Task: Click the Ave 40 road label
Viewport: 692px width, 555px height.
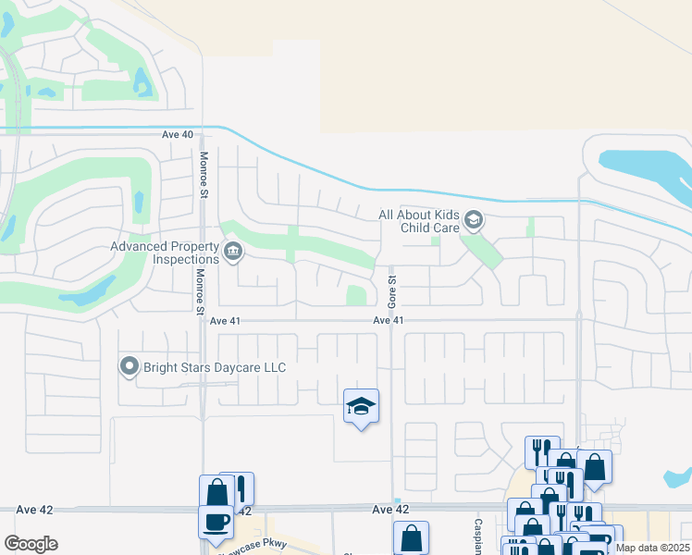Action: tap(178, 134)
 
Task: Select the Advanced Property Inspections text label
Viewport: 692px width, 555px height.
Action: tap(165, 253)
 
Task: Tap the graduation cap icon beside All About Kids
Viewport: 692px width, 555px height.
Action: tap(474, 220)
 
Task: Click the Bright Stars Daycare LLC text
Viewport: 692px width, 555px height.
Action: tap(214, 368)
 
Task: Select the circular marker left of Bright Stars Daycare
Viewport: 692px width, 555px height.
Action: tap(130, 367)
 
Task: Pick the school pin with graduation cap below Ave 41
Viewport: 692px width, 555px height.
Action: tap(361, 406)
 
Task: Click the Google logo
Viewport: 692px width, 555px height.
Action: tap(31, 544)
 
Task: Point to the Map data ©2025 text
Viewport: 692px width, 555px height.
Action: tap(651, 547)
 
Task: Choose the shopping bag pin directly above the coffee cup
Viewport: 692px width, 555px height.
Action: tap(216, 491)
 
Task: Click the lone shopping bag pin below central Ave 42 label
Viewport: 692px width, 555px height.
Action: tap(411, 537)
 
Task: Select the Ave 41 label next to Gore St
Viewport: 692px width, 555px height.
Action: tap(389, 320)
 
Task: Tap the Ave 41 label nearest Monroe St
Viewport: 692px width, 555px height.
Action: tap(225, 320)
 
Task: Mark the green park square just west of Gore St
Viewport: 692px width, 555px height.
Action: tap(355, 295)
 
